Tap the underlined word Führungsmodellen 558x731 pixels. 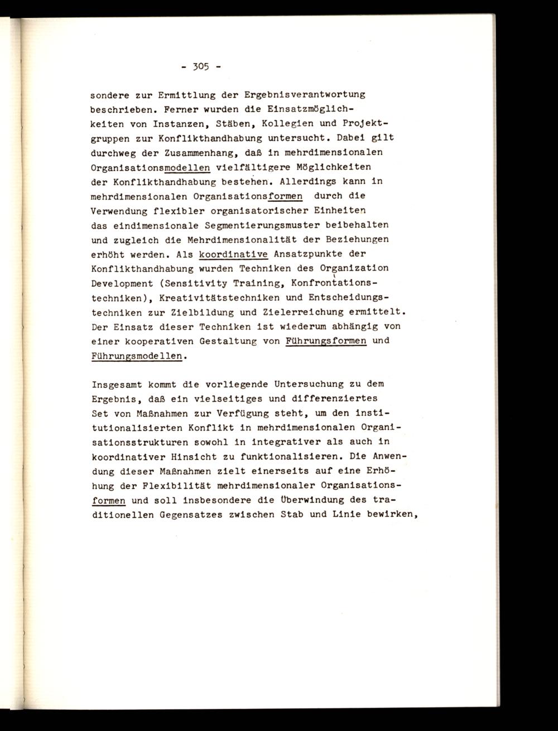pyautogui.click(x=136, y=355)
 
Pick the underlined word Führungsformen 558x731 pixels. pyautogui.click(x=325, y=341)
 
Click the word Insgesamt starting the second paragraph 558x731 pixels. pyautogui.click(x=116, y=384)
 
